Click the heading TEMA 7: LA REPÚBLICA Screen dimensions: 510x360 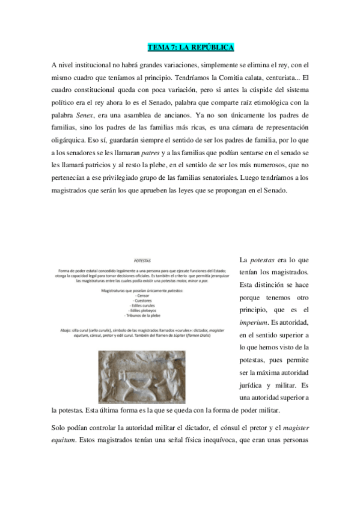(x=191, y=48)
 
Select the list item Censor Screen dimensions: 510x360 (x=142, y=296)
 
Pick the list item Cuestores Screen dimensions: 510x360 (x=142, y=301)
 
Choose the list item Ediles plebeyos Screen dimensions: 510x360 (x=142, y=310)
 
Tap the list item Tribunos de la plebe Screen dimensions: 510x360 (x=142, y=315)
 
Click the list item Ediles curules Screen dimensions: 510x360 (x=142, y=306)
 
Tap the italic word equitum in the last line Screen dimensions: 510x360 (x=64, y=440)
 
